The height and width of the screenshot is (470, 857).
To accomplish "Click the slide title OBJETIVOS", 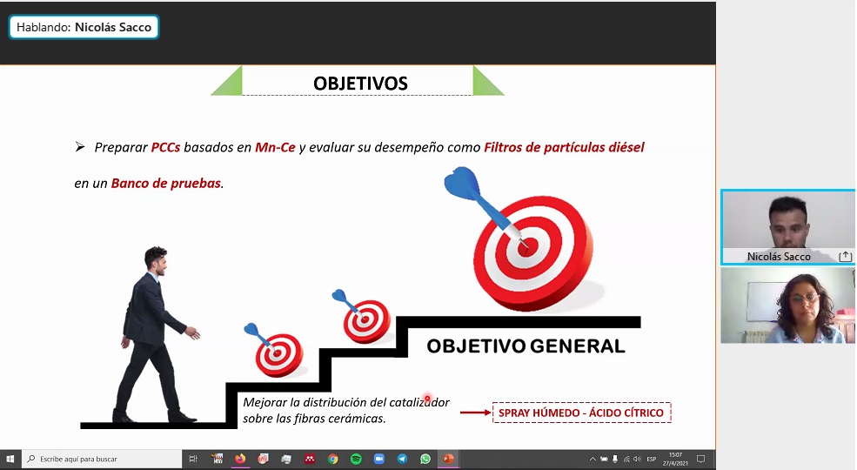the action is coord(360,83).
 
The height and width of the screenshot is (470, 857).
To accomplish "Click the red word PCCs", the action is coord(165,148).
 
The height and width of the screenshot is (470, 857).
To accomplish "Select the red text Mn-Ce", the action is coord(275,148).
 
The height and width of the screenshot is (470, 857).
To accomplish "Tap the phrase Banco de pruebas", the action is coord(166,183).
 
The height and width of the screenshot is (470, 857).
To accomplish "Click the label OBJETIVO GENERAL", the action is coord(526,346).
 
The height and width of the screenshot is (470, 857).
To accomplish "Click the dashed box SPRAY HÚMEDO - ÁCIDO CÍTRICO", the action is coord(581,413).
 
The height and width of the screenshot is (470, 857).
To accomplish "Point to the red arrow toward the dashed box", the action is coord(476,412).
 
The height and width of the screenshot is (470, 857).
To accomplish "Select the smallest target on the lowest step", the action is coord(278,355).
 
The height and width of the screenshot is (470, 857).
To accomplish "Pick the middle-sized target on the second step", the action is coord(367,321).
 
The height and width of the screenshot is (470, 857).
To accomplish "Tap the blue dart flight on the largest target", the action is coord(462,183).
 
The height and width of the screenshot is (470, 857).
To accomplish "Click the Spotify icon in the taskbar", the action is coord(356,459).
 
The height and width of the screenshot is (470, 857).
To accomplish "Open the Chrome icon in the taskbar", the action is coord(333,459).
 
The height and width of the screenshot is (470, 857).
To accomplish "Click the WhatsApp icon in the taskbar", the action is coord(425,459).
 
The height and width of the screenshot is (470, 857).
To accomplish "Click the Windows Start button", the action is coord(10,459).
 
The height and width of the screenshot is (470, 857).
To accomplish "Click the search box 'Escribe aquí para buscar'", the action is coord(102,459).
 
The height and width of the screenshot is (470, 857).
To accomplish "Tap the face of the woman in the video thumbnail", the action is coord(803,302).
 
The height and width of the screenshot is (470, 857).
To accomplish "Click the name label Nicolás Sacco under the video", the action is coord(779,256).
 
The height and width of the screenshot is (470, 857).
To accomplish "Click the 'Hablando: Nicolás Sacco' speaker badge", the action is coord(84,27).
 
